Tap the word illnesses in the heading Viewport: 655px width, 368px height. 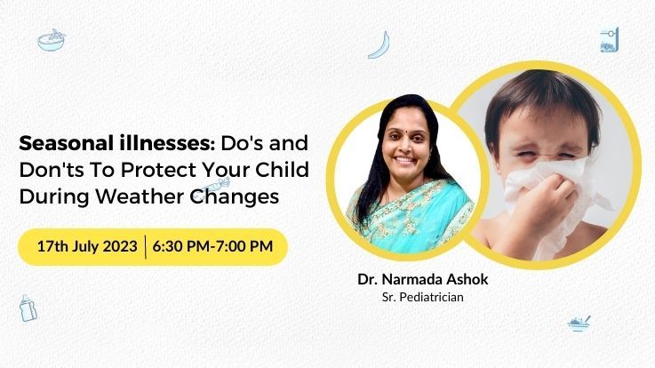(163, 143)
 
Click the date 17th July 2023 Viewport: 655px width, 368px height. (87, 246)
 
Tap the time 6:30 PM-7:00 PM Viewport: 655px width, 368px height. (212, 246)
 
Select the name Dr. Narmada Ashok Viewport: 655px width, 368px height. (423, 279)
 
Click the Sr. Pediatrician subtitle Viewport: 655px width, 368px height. (423, 297)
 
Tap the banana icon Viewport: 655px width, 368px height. (379, 44)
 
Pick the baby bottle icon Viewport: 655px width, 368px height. (28, 308)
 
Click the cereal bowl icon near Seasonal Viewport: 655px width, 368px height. (52, 40)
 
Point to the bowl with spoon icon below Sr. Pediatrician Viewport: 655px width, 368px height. (579, 324)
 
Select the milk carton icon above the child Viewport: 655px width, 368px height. (609, 41)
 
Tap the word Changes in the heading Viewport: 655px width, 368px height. (235, 196)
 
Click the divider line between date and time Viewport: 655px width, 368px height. (146, 247)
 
